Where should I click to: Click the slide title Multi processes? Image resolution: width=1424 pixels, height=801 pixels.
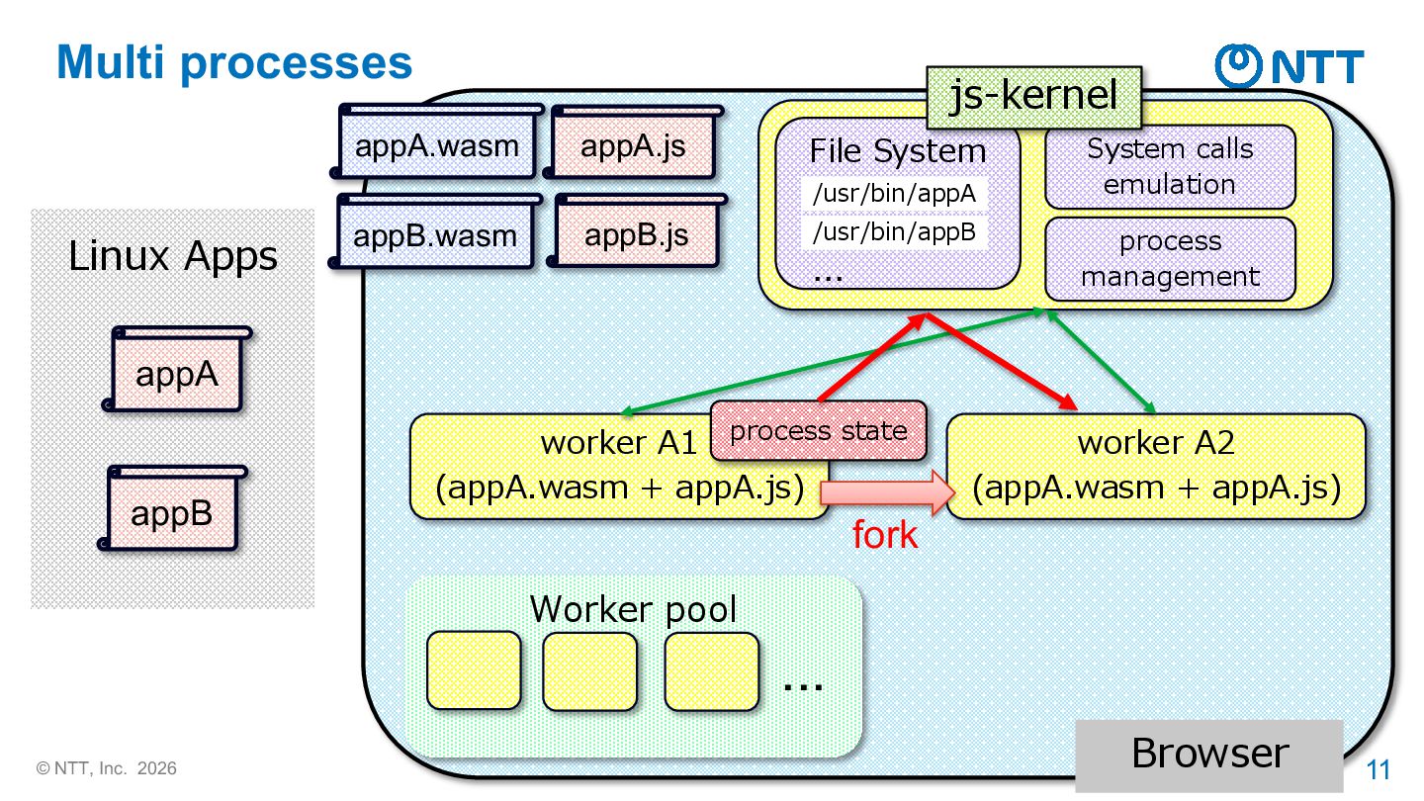click(234, 63)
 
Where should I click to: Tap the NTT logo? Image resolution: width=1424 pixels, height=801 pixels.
click(1290, 65)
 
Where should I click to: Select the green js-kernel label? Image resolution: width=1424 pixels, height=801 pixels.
click(1033, 97)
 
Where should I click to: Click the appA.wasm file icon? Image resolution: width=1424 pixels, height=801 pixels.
click(437, 141)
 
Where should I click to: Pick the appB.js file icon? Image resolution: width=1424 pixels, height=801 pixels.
click(637, 230)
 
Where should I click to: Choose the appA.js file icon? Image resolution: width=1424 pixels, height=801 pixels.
click(633, 141)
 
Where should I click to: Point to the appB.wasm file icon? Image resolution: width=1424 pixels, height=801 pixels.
click(435, 230)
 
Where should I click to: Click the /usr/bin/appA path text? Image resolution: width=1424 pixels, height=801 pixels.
click(894, 193)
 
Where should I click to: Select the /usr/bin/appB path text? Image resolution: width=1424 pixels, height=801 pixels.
click(894, 232)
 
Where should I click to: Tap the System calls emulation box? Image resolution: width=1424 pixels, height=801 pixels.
click(1170, 166)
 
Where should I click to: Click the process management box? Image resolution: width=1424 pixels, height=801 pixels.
click(1170, 259)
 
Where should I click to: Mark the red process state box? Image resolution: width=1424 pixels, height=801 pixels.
click(818, 430)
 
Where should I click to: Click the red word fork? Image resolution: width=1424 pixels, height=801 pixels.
click(885, 535)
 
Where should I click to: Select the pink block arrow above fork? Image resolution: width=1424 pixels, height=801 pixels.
click(888, 492)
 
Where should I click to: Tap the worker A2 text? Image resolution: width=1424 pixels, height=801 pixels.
click(1156, 442)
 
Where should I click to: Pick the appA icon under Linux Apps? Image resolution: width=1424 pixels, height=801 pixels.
click(177, 369)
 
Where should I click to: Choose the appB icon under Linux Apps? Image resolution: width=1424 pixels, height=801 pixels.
click(172, 507)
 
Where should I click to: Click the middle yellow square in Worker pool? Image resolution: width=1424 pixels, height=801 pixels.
click(590, 670)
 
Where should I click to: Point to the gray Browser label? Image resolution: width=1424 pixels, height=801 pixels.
click(1209, 755)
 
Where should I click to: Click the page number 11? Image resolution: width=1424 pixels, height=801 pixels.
click(1379, 769)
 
